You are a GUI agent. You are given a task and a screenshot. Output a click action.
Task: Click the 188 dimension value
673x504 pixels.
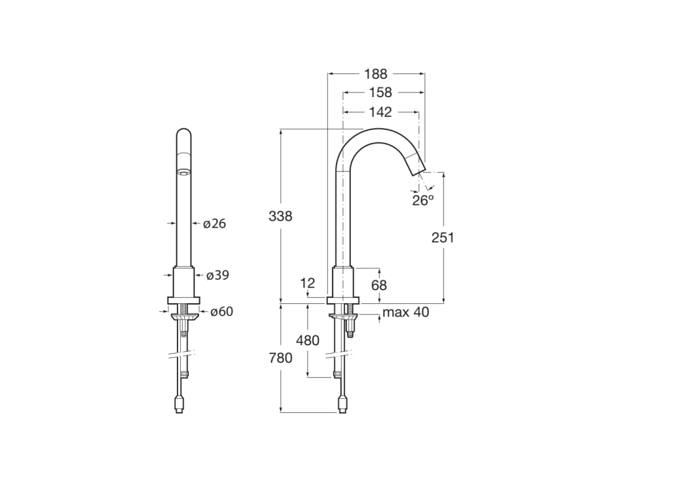tap(376, 74)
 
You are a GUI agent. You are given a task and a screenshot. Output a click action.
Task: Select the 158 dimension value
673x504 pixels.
tap(380, 93)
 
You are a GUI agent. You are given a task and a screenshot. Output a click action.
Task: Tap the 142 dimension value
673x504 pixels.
tap(380, 112)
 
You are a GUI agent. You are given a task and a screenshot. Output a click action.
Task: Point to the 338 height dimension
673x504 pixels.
tap(280, 216)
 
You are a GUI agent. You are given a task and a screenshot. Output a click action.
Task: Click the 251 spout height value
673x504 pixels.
tap(443, 238)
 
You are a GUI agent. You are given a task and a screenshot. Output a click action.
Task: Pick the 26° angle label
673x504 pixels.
tap(423, 200)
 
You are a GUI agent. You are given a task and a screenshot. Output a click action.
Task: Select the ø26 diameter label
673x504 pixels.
tap(214, 224)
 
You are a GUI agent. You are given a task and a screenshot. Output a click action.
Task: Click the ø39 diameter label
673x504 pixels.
tap(218, 276)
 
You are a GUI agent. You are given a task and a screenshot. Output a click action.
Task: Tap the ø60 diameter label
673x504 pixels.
tap(221, 312)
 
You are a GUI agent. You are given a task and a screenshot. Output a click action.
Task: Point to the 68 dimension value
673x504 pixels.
tap(379, 285)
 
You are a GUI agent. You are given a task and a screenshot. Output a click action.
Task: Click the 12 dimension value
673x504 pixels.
tap(308, 283)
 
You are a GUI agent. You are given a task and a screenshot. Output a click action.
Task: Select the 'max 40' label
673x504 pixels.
tap(406, 312)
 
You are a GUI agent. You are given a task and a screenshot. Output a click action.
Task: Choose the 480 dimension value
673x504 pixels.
tap(308, 340)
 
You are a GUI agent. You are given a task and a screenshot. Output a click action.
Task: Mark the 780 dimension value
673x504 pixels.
tap(280, 358)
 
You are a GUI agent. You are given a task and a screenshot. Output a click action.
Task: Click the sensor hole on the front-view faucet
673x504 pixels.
tap(184, 173)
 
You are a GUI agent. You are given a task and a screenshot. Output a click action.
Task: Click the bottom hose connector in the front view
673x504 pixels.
tap(179, 403)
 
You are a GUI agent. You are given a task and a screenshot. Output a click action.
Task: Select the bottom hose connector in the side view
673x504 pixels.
tap(342, 403)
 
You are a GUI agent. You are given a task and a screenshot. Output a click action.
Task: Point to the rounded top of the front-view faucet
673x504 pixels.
tap(185, 135)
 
